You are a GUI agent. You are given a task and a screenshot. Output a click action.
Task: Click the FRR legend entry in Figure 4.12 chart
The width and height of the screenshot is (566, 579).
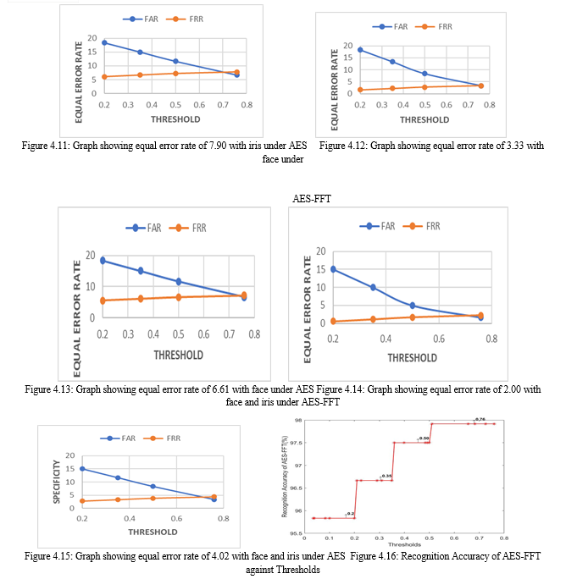pos(439,26)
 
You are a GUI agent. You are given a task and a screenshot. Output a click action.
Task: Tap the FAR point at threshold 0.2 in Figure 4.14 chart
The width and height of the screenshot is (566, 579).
pos(333,269)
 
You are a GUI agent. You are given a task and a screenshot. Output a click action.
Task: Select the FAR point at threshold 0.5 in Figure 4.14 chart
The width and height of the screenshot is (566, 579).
pos(413,306)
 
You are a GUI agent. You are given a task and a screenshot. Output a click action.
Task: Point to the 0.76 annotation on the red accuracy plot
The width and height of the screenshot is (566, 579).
pos(480,419)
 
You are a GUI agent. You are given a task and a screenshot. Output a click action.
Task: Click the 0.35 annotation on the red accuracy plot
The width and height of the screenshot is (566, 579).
pos(386,476)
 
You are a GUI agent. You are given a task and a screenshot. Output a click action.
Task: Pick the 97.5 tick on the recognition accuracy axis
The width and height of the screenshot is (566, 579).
pos(296,442)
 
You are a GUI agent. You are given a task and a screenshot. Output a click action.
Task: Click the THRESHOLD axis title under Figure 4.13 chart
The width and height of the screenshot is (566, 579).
pos(177,355)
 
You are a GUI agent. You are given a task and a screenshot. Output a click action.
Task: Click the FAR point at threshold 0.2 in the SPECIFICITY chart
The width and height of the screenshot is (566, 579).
pos(82,468)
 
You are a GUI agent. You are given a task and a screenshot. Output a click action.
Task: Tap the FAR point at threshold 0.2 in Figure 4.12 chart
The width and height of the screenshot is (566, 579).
pos(360,50)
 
